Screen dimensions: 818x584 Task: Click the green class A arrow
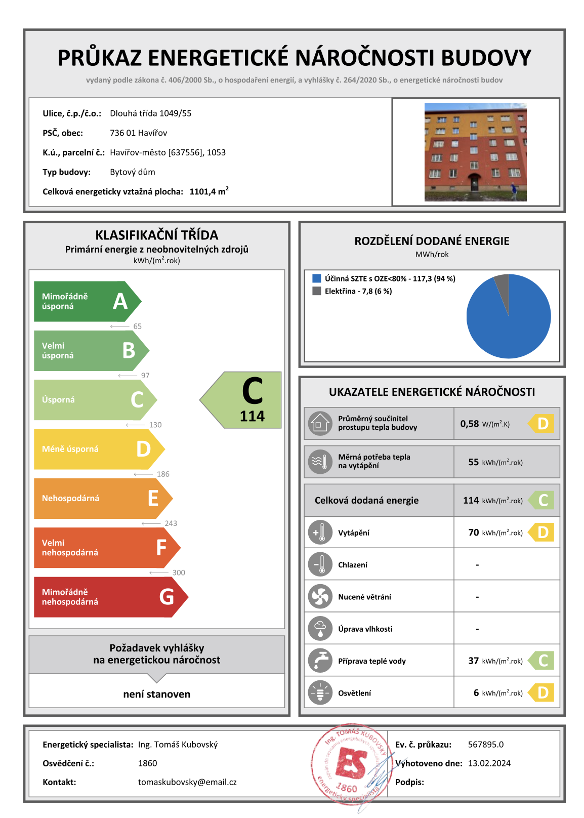[x=86, y=301]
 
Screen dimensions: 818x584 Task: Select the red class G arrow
[x=109, y=597]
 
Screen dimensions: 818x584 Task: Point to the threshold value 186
[x=163, y=474]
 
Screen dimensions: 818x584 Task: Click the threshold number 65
[x=137, y=326]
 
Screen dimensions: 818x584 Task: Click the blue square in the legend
[x=317, y=278]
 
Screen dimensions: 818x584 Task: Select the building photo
[x=475, y=152]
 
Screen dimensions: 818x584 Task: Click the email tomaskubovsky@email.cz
[x=187, y=782]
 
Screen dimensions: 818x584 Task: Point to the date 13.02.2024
[x=489, y=763]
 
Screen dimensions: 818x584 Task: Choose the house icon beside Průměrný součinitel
[x=320, y=423]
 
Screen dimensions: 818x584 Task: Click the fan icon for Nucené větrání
[x=320, y=597]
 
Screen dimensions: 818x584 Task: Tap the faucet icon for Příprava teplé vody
[x=320, y=661]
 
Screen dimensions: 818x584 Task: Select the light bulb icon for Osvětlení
[x=320, y=693]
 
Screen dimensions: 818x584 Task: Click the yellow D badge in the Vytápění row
[x=542, y=533]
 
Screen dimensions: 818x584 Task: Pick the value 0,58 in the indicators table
[x=469, y=424]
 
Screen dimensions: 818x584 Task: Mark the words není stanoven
[x=157, y=694]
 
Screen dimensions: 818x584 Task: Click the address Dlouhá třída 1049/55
[x=150, y=113]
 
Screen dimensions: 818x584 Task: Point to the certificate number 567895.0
[x=485, y=745]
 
